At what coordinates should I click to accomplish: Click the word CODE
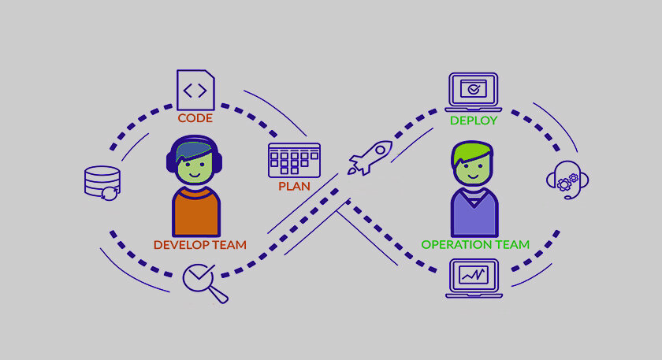click(195, 119)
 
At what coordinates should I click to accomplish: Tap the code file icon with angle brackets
click(195, 90)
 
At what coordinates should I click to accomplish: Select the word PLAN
click(294, 187)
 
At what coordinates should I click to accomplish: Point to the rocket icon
click(370, 157)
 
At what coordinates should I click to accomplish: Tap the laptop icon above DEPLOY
click(473, 91)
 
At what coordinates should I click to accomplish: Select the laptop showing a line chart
click(474, 278)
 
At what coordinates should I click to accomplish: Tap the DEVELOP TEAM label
click(199, 244)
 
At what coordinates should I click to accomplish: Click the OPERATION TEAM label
click(475, 244)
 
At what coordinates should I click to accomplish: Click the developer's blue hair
click(193, 147)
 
